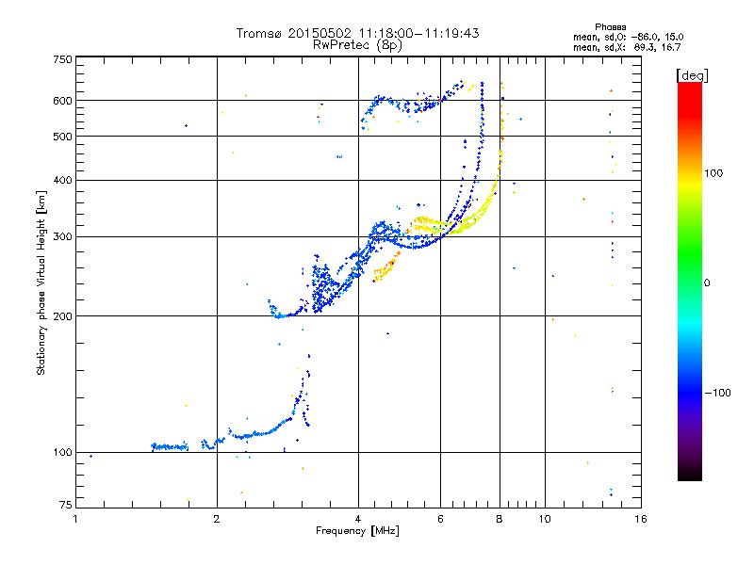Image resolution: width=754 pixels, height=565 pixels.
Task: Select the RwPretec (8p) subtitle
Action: click(x=357, y=45)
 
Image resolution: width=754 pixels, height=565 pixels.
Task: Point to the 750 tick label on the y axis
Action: click(x=63, y=59)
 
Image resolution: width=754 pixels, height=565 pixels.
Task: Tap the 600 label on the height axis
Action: click(x=63, y=101)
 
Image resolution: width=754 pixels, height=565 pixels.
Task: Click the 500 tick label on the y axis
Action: click(x=63, y=137)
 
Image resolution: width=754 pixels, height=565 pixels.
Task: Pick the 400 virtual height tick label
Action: click(x=63, y=180)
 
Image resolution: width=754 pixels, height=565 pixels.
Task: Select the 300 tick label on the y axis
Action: click(x=63, y=237)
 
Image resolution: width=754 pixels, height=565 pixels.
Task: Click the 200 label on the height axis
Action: click(x=63, y=316)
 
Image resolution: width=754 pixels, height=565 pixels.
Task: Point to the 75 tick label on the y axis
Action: click(x=66, y=505)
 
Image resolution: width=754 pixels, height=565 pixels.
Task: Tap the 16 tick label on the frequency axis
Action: click(x=641, y=519)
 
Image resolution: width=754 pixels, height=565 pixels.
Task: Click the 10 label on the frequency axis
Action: click(x=545, y=519)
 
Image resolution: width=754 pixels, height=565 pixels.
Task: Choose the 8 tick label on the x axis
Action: click(x=500, y=519)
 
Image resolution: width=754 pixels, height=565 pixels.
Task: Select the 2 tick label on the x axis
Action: click(x=217, y=519)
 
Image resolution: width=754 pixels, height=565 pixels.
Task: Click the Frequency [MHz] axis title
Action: click(x=358, y=531)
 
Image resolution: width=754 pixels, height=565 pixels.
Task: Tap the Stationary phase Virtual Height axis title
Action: click(x=41, y=283)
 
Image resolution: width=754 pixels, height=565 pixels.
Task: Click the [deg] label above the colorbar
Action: click(x=692, y=75)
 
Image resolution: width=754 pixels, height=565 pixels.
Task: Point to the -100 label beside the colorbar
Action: click(x=718, y=393)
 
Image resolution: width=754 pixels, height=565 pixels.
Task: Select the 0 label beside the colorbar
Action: click(x=707, y=283)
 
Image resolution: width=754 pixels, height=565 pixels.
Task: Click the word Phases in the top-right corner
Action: click(x=610, y=27)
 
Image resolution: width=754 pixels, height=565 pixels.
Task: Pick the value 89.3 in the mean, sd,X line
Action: click(x=644, y=47)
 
